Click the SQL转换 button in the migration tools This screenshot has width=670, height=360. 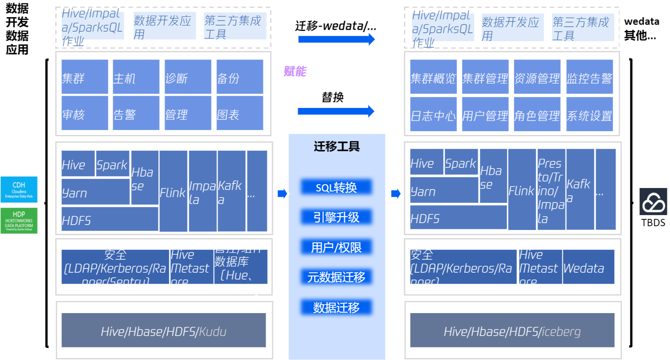pyautogui.click(x=336, y=187)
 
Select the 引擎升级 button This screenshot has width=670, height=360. pyautogui.click(x=336, y=217)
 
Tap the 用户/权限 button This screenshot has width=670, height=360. pyautogui.click(x=336, y=247)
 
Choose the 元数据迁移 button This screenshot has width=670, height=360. pyautogui.click(x=336, y=277)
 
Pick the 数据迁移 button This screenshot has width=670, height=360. pyautogui.click(x=336, y=307)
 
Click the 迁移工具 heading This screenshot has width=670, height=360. pyautogui.click(x=337, y=146)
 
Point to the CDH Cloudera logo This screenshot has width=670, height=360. pyautogui.click(x=19, y=190)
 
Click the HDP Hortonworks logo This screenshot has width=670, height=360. pyautogui.click(x=19, y=220)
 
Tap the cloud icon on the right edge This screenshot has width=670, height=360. pyautogui.click(x=654, y=202)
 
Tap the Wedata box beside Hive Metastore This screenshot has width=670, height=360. pyautogui.click(x=588, y=267)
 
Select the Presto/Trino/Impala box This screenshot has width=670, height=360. pyautogui.click(x=551, y=190)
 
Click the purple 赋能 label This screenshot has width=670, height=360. pyautogui.click(x=295, y=71)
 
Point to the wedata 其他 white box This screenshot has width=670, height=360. pyautogui.click(x=641, y=28)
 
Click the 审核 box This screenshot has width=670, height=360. pyautogui.click(x=85, y=113)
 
